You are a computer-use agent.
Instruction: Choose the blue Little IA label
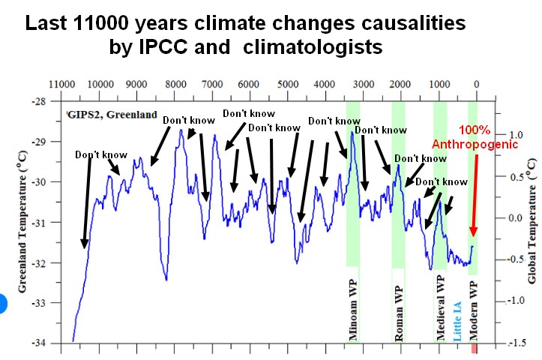tap(457, 321)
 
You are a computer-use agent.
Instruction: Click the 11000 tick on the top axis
tap(62, 84)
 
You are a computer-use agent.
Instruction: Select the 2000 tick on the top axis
tap(401, 84)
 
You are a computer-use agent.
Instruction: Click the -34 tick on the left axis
tap(43, 343)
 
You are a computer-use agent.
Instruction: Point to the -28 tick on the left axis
tap(43, 101)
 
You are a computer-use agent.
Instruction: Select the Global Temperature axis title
tap(532, 221)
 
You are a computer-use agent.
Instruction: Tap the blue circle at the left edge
tap(2, 303)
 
